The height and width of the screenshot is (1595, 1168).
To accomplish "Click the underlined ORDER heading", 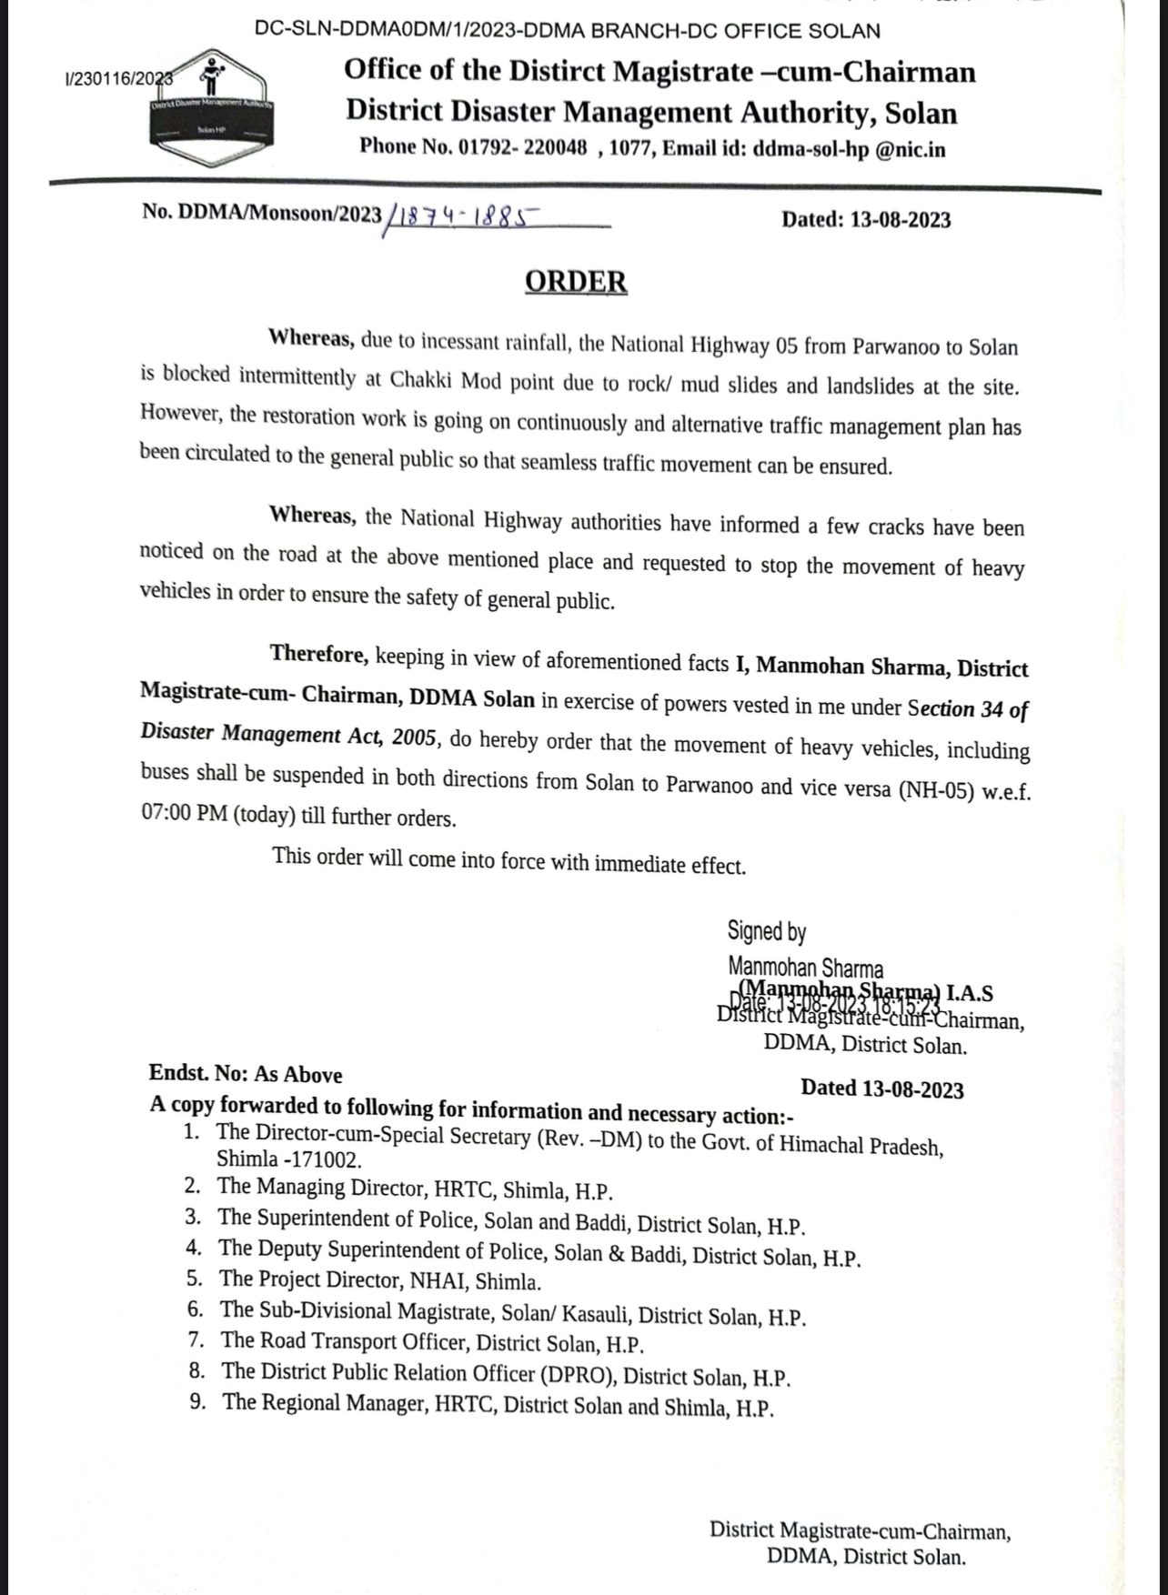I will pyautogui.click(x=576, y=281).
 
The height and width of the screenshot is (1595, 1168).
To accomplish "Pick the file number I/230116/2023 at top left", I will pyautogui.click(x=119, y=80).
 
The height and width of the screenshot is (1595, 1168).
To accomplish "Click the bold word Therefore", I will pyautogui.click(x=318, y=654).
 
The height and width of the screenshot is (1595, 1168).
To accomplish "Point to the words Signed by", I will pyautogui.click(x=766, y=931).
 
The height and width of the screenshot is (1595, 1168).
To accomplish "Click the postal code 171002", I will pyautogui.click(x=323, y=1160).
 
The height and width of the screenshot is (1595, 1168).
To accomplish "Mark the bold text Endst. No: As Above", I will pyautogui.click(x=246, y=1074).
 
